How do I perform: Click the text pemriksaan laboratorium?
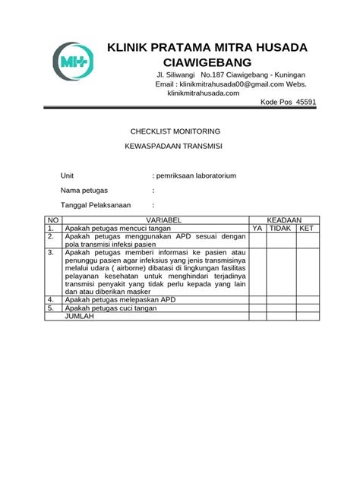point(196,175)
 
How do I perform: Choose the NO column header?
point(52,219)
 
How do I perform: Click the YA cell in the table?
point(257,228)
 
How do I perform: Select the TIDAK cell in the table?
point(281,228)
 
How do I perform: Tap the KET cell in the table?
point(306,228)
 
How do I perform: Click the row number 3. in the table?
point(51,253)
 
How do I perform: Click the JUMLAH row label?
point(80,316)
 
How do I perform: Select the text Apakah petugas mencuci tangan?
point(118,228)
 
